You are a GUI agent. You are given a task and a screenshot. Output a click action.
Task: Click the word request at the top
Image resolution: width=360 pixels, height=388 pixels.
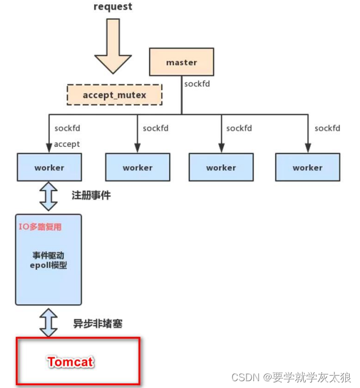(112, 7)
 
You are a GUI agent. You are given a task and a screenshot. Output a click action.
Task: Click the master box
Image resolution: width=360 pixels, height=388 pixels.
(181, 62)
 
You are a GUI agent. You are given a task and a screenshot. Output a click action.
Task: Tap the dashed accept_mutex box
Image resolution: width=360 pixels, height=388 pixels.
(115, 95)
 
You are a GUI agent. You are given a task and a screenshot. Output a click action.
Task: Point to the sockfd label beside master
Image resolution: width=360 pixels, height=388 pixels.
(197, 84)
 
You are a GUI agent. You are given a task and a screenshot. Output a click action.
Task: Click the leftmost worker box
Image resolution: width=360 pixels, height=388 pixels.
(49, 167)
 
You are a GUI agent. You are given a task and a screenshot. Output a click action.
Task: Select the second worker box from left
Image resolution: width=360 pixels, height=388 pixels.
(137, 167)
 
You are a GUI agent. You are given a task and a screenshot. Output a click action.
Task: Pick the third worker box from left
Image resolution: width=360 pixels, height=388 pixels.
(221, 167)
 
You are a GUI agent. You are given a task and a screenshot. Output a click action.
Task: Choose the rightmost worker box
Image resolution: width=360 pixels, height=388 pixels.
(307, 167)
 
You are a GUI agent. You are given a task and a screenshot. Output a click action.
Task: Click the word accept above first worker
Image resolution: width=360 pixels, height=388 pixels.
(67, 144)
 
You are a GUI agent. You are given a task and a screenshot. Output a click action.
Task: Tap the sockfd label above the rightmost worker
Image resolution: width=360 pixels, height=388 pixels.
(327, 128)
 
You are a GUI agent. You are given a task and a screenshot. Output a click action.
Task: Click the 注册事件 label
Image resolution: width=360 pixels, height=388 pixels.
(91, 195)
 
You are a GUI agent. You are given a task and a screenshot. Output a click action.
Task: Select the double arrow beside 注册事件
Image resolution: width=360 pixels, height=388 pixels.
(49, 196)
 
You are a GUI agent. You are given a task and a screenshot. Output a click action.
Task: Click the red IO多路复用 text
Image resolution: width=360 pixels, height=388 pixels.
(40, 227)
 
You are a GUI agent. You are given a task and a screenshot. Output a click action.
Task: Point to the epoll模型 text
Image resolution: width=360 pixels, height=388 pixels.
(50, 265)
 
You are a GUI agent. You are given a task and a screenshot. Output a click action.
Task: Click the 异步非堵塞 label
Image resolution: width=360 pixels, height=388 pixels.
(98, 324)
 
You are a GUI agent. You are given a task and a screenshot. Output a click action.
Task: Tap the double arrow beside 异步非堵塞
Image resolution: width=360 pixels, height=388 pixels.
(49, 322)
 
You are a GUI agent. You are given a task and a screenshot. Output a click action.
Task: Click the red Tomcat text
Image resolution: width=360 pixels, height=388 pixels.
(70, 362)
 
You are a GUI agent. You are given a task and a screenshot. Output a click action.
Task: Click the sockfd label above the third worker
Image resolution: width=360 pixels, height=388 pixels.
(239, 128)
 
